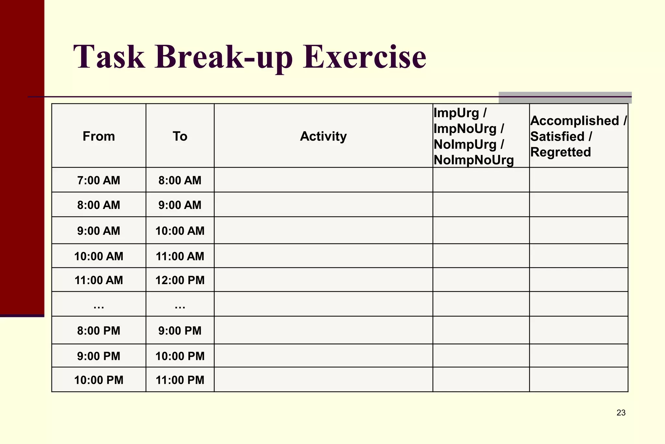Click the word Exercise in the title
364,57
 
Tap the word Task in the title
109,57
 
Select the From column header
99,136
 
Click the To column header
180,136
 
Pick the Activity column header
323,136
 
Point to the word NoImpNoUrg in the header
474,160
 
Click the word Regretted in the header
560,152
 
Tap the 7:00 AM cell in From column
99,180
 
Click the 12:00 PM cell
180,280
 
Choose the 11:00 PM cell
180,380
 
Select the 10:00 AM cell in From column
99,256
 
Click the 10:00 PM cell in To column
180,356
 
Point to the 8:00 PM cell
99,331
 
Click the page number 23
621,413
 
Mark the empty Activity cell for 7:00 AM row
323,180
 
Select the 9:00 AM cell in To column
180,205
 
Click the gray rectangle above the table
565,98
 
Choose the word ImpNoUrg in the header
465,129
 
